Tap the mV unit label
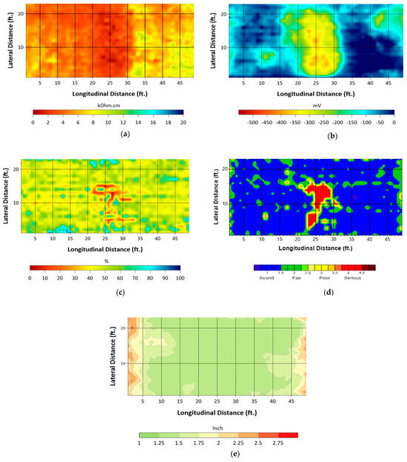316,106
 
